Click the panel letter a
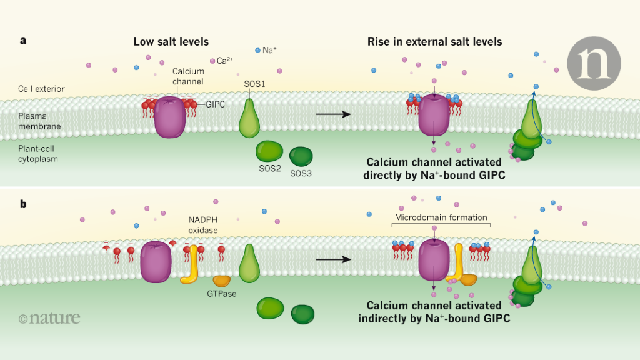tap(23, 41)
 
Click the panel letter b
tap(23, 204)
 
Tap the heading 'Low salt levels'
tap(171, 42)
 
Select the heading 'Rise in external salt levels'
tap(434, 42)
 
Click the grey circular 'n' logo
tap(594, 62)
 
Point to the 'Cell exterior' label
tap(41, 89)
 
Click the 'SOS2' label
tap(271, 169)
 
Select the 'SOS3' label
tap(301, 173)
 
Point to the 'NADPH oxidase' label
tap(204, 224)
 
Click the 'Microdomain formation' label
tap(440, 217)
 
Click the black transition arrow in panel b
tap(332, 259)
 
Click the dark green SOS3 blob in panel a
tap(301, 156)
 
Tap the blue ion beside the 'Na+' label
tap(257, 49)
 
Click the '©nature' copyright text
tap(49, 318)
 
